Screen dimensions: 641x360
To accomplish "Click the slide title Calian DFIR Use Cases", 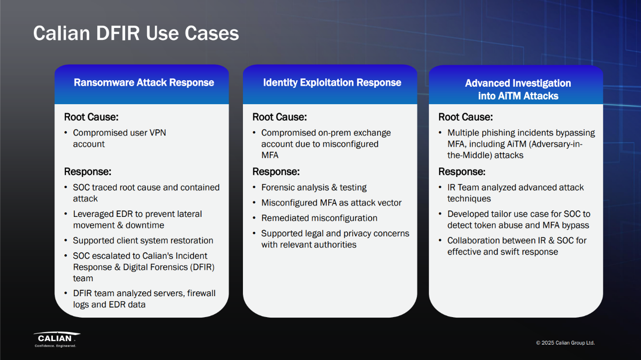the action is click(x=136, y=33).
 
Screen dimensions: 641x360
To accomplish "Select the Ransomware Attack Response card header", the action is click(x=144, y=82).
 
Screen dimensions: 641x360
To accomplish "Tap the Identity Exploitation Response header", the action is click(x=332, y=82).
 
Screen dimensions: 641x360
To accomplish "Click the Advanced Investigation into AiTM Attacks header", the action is click(x=518, y=89).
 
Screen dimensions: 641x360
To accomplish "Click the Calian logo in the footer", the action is click(x=57, y=340).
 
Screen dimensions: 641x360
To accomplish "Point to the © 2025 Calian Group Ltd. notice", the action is click(x=566, y=343).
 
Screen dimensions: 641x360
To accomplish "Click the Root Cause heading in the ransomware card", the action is click(x=91, y=117).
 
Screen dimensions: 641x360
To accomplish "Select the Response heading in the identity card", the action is click(x=276, y=172).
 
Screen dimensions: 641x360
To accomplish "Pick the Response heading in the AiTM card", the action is click(x=462, y=172).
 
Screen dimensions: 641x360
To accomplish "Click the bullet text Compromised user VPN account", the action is click(x=119, y=138).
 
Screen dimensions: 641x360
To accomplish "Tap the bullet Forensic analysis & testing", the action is click(x=314, y=187).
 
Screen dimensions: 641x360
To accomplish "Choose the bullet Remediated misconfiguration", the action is click(x=319, y=218).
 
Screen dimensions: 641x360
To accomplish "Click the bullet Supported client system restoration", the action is click(x=143, y=240).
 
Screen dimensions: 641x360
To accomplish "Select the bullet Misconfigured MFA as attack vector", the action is click(x=331, y=203).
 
